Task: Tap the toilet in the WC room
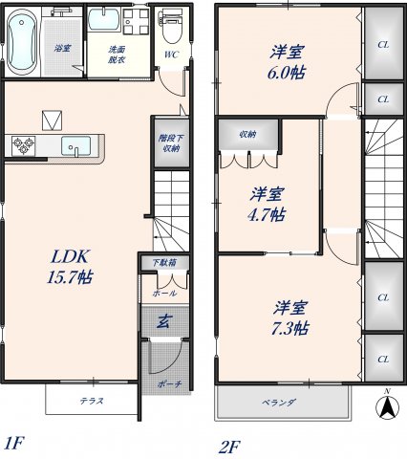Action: [172, 27]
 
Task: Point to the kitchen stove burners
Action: [24, 145]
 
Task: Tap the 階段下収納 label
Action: [168, 142]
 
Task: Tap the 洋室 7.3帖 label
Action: [289, 317]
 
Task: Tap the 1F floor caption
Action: [12, 443]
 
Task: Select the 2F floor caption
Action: [230, 445]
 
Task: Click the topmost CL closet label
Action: [383, 44]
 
